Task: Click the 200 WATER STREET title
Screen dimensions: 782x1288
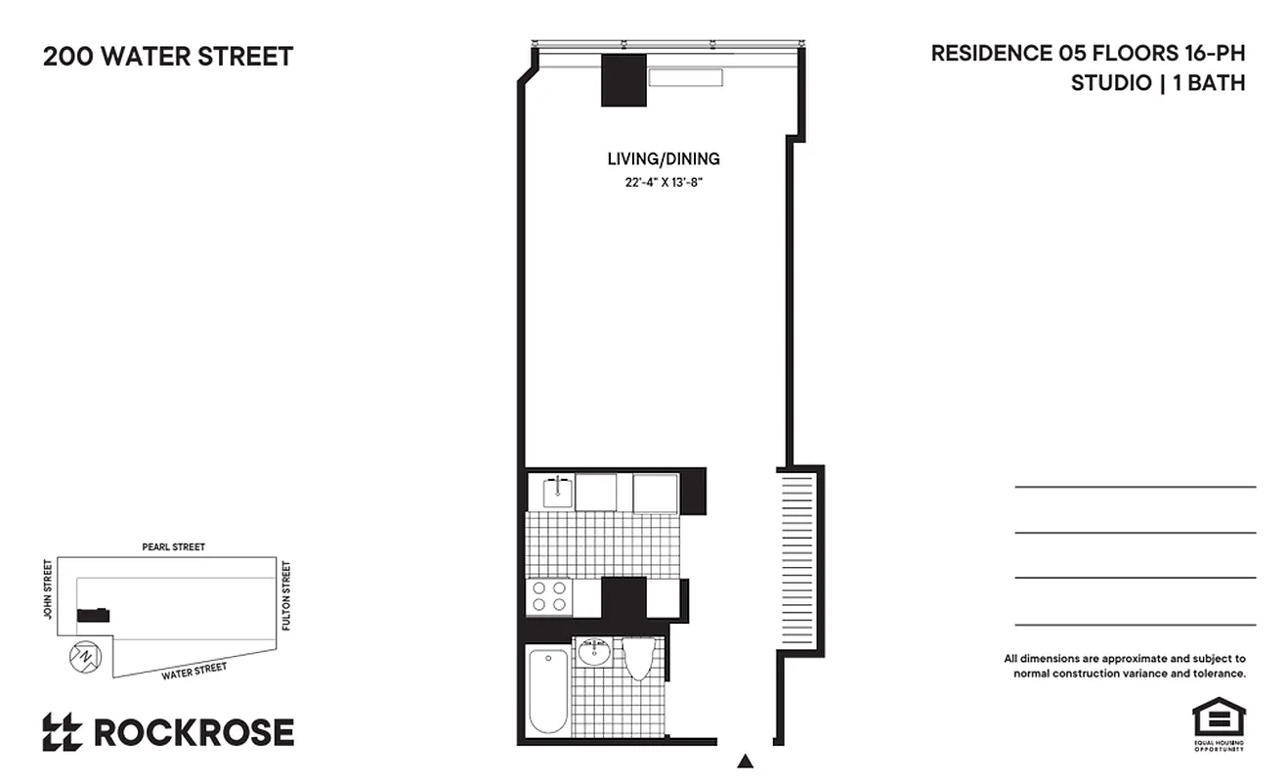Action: tap(167, 57)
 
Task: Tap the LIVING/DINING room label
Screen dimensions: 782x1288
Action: tap(664, 158)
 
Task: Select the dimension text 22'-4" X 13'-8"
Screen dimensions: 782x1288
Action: tap(665, 183)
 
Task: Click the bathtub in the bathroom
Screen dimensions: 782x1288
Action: tap(547, 689)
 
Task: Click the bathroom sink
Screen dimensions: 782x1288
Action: tap(593, 651)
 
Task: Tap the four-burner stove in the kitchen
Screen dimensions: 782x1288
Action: tap(548, 596)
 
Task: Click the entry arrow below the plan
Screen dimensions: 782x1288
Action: tap(746, 760)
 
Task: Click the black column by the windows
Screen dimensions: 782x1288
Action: tap(623, 81)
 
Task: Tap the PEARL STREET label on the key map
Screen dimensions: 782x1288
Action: tap(173, 547)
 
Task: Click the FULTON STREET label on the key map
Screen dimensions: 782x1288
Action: tap(286, 594)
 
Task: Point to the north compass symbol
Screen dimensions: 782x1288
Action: tap(84, 655)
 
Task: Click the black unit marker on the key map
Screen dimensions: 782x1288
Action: tap(94, 615)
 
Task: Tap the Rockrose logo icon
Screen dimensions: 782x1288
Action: tap(62, 732)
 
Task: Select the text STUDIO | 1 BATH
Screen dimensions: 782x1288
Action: tap(1157, 83)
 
